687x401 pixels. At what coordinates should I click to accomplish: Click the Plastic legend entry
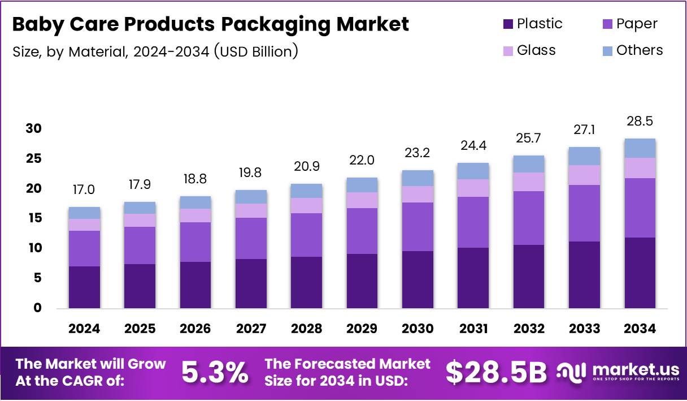tap(532, 24)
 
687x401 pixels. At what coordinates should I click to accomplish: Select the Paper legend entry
tap(629, 24)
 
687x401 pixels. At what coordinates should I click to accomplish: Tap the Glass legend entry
tap(529, 50)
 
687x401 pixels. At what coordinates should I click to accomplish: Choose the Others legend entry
tap(632, 50)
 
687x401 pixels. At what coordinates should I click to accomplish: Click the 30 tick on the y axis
tap(33, 128)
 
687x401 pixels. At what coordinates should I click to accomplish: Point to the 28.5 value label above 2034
tap(640, 122)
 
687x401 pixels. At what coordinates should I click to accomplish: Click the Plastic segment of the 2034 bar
tap(640, 273)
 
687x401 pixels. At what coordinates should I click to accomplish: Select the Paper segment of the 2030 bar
tap(418, 226)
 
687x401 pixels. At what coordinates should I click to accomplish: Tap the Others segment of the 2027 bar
tap(251, 196)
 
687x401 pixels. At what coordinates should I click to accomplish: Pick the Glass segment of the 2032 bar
tap(529, 182)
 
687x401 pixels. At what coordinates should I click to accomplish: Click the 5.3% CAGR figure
tap(215, 372)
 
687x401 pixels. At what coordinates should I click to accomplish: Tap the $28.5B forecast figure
tap(496, 372)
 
